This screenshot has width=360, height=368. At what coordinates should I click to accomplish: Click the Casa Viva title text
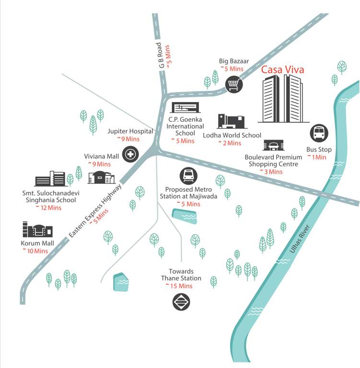tap(282, 70)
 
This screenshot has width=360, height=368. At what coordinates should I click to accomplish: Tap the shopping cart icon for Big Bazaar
tap(234, 84)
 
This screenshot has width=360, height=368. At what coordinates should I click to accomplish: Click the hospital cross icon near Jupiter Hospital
tap(130, 154)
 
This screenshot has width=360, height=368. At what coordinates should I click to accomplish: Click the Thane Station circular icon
tap(181, 301)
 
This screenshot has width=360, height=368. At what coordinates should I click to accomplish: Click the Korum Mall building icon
tap(37, 230)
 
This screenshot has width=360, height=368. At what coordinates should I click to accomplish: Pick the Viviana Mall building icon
tap(101, 177)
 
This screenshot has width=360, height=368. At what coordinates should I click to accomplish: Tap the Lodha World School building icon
tap(231, 122)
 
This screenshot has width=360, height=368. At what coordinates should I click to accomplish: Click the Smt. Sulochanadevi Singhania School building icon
tap(50, 179)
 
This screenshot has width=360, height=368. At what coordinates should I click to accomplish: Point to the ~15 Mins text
tap(179, 286)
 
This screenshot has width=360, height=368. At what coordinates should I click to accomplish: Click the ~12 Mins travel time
tap(48, 208)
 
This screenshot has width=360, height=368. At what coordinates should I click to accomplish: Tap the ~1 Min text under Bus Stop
tap(316, 157)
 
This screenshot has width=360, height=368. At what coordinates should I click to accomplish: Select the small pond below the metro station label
tap(185, 217)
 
